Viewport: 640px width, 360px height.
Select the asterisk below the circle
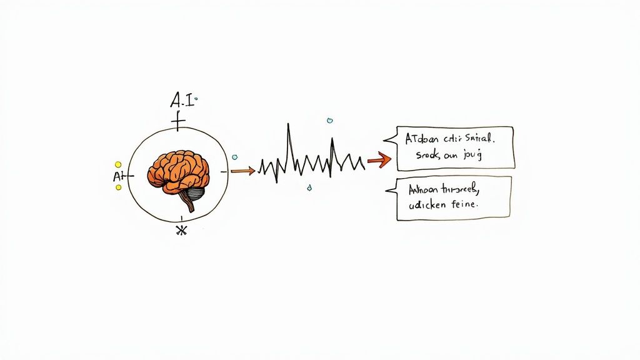click(181, 231)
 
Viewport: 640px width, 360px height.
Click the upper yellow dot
click(118, 164)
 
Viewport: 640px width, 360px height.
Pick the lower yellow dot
click(119, 187)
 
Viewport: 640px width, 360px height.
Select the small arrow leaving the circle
click(242, 170)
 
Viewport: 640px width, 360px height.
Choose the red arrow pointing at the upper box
click(379, 161)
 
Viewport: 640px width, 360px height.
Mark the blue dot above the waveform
click(329, 120)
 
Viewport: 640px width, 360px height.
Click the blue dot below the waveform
click(309, 186)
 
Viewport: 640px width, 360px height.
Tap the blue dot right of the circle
click(234, 157)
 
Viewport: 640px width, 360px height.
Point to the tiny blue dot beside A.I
click(196, 98)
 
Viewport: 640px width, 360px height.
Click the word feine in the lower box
click(466, 203)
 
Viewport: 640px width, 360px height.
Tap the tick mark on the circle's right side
click(224, 171)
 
